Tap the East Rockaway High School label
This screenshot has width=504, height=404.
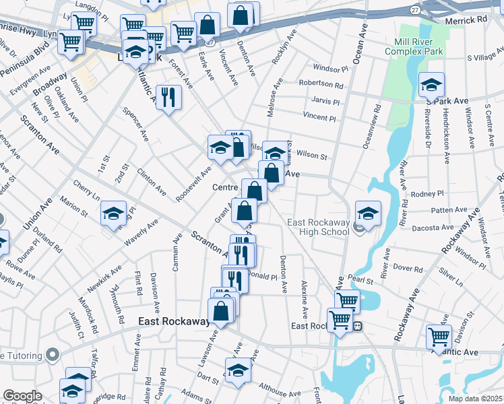(319, 228)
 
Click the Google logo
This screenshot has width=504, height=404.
(22, 396)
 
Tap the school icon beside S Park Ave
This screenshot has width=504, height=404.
(431, 85)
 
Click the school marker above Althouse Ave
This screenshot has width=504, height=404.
(237, 370)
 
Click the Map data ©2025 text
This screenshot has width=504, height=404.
(475, 399)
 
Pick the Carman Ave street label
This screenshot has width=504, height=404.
(177, 252)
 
